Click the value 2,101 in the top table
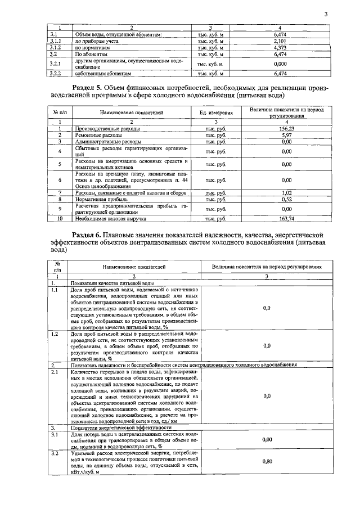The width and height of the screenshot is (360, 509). click(280, 41)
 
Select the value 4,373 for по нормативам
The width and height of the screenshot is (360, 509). click(280, 48)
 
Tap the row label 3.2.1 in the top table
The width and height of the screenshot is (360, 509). click(55, 64)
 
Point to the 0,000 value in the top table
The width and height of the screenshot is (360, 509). click(280, 64)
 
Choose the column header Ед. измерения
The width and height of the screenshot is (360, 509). click(216, 113)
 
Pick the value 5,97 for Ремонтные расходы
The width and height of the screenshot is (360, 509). click(287, 136)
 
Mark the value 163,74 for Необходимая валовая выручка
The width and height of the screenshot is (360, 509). click(287, 218)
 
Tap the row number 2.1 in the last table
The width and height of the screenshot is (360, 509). click(55, 372)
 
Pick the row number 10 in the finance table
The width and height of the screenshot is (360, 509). click(59, 218)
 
